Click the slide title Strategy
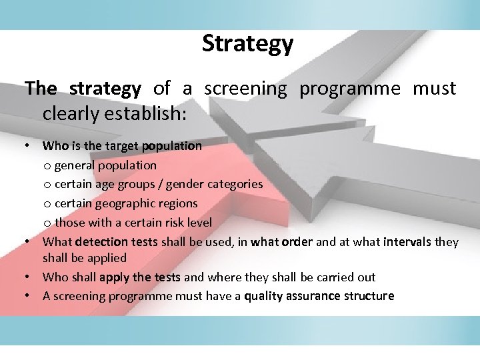point(247,43)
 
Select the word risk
point(169,222)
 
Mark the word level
point(198,222)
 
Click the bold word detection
point(101,241)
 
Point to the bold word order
point(297,241)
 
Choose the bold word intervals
point(408,241)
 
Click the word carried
point(319,277)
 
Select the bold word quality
point(265,296)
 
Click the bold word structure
point(371,296)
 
